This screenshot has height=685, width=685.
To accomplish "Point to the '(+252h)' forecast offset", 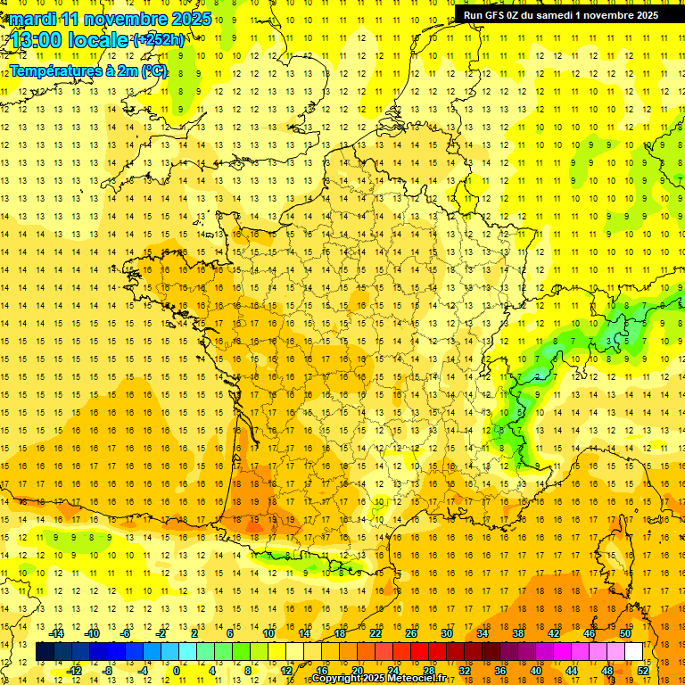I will (x=159, y=40).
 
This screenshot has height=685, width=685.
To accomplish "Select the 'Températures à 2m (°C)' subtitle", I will (x=88, y=71).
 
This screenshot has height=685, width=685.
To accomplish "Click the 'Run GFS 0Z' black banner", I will (x=561, y=14).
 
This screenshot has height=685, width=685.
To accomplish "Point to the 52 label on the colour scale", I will (x=642, y=670).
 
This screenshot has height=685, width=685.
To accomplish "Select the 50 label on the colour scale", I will (x=625, y=633).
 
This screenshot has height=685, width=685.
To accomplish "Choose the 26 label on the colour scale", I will (x=411, y=633).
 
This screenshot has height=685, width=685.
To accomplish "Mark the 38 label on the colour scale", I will (x=518, y=633).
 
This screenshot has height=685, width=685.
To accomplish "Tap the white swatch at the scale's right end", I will (x=633, y=651).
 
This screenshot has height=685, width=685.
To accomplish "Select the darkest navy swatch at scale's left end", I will (x=45, y=651).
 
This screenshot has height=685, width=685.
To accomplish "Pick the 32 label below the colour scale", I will (x=464, y=670).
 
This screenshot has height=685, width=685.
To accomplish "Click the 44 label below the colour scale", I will (x=571, y=670).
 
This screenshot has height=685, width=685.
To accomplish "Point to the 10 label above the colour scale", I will (x=268, y=633).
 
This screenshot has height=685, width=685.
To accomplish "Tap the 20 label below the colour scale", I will (x=357, y=670).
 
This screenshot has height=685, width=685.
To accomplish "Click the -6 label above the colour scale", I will (x=127, y=633).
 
